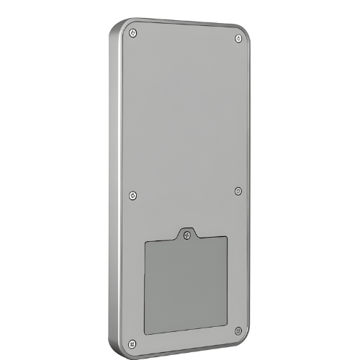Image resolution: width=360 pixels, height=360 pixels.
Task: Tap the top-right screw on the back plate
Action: click(238, 39)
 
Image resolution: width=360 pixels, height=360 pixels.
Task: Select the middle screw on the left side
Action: click(131, 194)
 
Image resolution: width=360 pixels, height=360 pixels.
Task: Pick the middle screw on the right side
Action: click(238, 191)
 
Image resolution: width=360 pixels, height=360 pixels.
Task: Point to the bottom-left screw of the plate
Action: click(131, 342)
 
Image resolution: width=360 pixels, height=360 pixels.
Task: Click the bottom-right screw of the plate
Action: click(238, 330)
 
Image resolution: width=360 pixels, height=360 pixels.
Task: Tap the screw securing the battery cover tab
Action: click(186, 233)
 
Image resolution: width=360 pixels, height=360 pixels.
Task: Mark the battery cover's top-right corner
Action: click(228, 238)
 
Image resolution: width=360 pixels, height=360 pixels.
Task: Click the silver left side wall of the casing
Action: click(114, 187)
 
